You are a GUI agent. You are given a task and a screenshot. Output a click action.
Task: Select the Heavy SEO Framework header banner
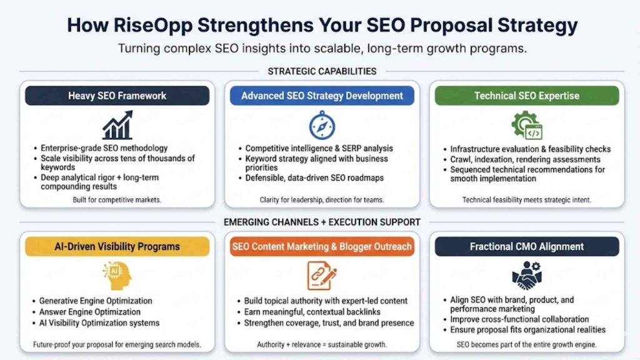click(x=117, y=96)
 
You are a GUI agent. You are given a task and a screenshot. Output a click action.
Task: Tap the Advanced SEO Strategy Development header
click(x=322, y=96)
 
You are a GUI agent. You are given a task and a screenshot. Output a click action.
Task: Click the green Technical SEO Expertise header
click(x=526, y=96)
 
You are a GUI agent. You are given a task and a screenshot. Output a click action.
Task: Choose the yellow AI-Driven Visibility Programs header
click(x=117, y=246)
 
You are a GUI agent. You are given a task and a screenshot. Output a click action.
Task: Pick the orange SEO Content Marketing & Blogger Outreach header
click(x=322, y=246)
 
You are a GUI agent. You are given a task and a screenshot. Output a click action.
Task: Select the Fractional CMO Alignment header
click(x=526, y=246)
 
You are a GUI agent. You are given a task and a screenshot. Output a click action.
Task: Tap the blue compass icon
click(x=322, y=125)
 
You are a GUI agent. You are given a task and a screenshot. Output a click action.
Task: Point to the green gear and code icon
click(x=526, y=125)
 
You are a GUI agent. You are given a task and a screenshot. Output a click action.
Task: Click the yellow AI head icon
click(x=117, y=275)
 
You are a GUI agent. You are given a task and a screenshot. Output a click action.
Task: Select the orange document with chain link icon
click(x=322, y=276)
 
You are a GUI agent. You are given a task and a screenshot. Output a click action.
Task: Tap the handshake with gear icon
click(x=526, y=276)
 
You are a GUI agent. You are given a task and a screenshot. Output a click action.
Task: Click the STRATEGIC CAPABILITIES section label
click(x=322, y=71)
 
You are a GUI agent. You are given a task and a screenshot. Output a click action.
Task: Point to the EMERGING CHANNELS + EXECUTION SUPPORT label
click(x=322, y=222)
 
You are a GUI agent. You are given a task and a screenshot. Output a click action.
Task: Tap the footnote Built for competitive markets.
click(x=117, y=199)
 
